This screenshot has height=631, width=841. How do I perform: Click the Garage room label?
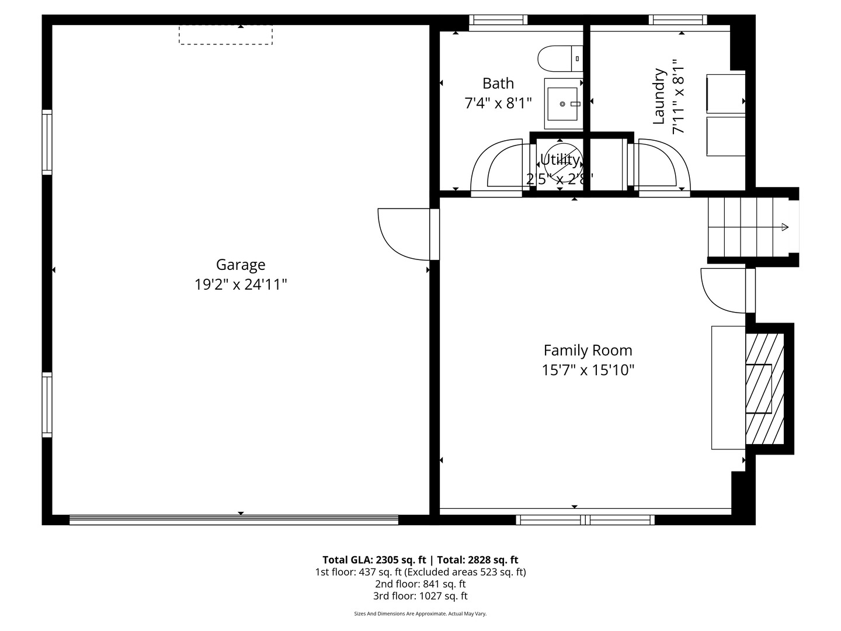(x=241, y=265)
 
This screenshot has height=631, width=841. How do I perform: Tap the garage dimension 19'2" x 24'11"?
(x=241, y=285)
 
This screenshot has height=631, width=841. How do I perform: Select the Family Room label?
(x=588, y=350)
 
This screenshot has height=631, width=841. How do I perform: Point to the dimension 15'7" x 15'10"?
(x=588, y=370)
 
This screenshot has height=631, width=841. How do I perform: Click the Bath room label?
(x=498, y=83)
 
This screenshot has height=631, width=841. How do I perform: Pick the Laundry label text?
(x=659, y=96)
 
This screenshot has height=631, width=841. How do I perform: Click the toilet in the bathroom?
(x=559, y=58)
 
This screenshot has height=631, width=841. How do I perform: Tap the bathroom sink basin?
(x=564, y=104)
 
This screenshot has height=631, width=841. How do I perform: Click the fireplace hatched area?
(x=764, y=389)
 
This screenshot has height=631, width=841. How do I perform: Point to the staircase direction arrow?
(x=784, y=227)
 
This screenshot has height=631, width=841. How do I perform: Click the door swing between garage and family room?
(x=403, y=234)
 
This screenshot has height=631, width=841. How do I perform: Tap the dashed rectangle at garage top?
(x=225, y=34)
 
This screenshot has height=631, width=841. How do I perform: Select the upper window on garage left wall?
(x=47, y=142)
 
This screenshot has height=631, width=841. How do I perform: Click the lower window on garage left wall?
(x=47, y=405)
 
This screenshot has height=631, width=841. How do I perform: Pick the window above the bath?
(x=498, y=20)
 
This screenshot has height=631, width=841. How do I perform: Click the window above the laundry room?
(x=677, y=20)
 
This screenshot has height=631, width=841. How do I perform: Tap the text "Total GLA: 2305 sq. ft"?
(x=374, y=560)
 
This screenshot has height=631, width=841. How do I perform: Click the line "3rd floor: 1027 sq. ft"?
(x=420, y=596)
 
